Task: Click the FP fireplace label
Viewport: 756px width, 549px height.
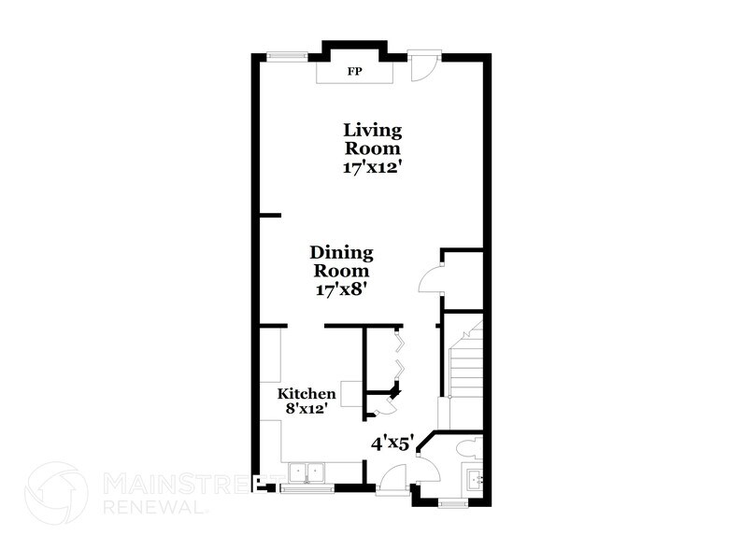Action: point(355,71)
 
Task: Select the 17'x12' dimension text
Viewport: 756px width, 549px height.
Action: point(373,168)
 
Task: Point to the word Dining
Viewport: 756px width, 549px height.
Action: point(342,252)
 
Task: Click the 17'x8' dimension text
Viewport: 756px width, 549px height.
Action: point(342,289)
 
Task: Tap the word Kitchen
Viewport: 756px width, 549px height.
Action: point(307,394)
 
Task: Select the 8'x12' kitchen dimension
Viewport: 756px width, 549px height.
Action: point(307,409)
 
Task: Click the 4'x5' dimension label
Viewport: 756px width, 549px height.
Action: point(392,444)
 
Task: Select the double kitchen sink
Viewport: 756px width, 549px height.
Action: point(306,472)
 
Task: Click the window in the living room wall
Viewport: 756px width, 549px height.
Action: point(287,55)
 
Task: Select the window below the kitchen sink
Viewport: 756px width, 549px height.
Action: point(306,486)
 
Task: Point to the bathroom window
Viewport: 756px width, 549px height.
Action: point(454,504)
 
